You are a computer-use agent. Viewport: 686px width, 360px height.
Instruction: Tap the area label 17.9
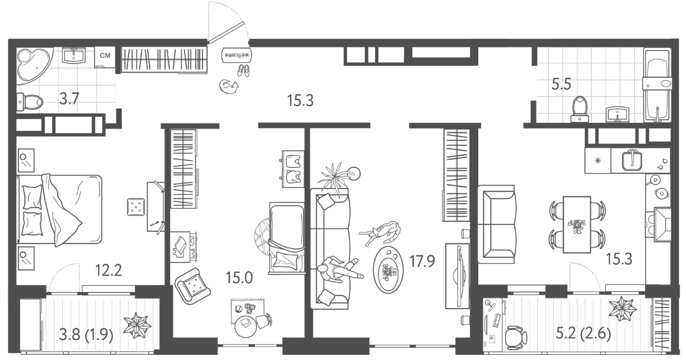(x=422, y=261)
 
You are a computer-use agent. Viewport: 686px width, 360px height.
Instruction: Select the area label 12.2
(x=108, y=271)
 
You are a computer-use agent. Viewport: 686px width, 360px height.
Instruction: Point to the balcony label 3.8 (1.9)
(x=86, y=335)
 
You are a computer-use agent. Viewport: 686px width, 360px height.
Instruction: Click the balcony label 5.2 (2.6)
(x=583, y=334)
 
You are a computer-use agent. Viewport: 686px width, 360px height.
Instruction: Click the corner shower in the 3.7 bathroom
(x=34, y=65)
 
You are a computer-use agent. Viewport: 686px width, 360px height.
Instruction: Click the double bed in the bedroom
(x=59, y=209)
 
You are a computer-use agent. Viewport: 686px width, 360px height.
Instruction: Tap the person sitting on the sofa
(x=339, y=269)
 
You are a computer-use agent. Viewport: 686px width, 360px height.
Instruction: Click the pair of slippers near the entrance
(x=243, y=71)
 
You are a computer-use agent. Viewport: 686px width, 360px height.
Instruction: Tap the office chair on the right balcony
(x=516, y=337)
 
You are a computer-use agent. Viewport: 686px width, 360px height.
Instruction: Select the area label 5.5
(x=561, y=84)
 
